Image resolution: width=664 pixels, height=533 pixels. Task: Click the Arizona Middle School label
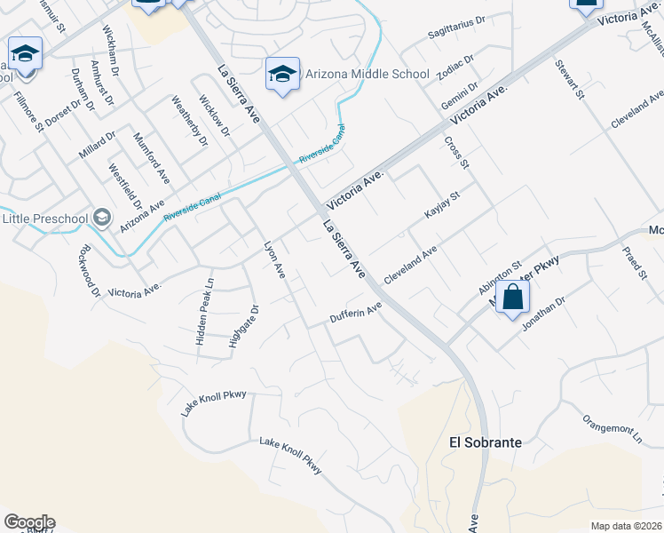[x=368, y=75]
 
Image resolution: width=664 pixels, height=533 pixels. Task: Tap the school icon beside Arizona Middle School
[x=282, y=75]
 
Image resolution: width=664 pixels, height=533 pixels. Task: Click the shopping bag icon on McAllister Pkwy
[x=513, y=298]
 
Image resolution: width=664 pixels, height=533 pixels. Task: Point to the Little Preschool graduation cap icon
[x=102, y=218]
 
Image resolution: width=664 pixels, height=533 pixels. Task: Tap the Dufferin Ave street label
[x=355, y=313]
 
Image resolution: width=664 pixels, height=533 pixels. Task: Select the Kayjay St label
[x=441, y=205]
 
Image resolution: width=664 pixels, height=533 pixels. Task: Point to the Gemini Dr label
[x=460, y=94]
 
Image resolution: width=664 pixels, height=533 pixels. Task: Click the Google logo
[x=29, y=522]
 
